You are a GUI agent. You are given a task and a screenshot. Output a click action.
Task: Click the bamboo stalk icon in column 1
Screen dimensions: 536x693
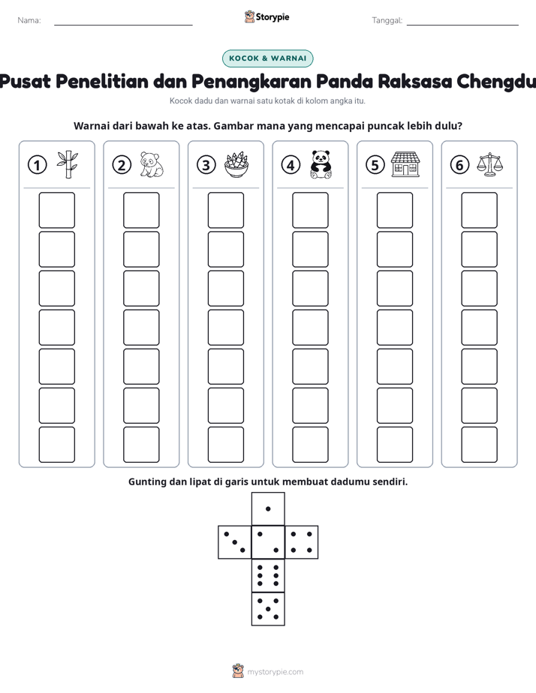point(68,164)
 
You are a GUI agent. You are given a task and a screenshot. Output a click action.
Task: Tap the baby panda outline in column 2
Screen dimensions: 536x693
point(151,164)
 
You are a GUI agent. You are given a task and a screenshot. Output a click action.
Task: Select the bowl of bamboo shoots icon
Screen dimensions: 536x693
point(236,165)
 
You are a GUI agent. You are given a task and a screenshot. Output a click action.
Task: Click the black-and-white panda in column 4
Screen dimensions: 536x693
point(321,164)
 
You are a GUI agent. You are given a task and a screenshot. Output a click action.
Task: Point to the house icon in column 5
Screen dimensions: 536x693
point(405,164)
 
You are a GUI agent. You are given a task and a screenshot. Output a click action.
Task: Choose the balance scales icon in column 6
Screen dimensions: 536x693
point(489,164)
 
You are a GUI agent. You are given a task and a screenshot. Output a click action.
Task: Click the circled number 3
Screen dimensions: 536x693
point(206,165)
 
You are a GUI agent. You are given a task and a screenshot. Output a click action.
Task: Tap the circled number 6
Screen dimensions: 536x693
point(459,165)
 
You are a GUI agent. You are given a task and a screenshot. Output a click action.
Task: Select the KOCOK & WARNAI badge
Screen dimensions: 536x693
point(267,58)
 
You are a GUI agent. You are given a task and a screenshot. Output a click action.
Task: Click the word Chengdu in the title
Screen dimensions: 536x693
point(495,82)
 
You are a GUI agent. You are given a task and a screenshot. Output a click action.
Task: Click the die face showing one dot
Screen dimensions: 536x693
point(268,508)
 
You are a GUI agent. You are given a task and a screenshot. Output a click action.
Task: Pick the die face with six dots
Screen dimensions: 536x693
point(268,575)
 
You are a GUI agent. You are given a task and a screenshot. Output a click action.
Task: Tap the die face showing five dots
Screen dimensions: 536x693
point(268,609)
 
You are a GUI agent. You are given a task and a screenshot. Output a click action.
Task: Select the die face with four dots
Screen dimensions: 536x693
point(302,542)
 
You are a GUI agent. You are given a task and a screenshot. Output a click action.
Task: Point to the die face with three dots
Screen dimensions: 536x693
point(234,542)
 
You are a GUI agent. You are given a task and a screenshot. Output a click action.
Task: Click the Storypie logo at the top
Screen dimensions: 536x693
point(266,16)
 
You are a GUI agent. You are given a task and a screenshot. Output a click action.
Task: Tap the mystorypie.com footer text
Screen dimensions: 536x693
point(275,672)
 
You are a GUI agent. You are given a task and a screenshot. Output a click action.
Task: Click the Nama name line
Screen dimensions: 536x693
point(123,25)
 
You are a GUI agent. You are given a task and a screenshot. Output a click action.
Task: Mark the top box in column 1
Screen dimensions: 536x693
point(56,210)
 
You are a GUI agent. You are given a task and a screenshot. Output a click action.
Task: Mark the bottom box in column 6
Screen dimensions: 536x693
point(480,445)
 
